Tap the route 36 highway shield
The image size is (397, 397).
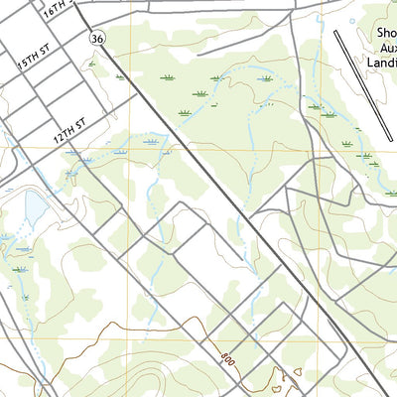95,37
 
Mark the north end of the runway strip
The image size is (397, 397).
337,32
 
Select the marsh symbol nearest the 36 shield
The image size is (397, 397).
92,64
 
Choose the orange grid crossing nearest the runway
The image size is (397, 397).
322,148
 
